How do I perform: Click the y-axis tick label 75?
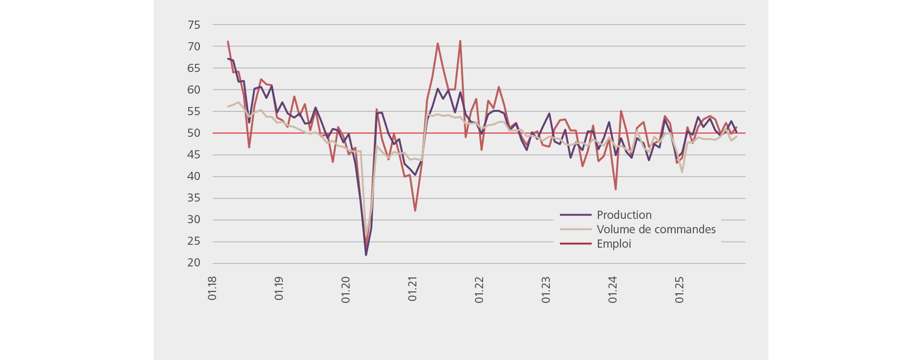point(194,25)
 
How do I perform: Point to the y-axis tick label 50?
point(194,133)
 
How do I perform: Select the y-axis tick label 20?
point(194,263)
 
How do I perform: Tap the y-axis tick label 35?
point(194,198)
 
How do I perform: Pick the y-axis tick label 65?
point(194,68)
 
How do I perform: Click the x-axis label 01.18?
point(212,288)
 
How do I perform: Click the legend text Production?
point(624,215)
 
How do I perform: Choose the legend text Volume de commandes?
point(656,229)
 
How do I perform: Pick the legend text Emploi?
point(614,244)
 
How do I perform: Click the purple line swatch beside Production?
point(575,215)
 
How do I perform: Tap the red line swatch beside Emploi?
point(575,244)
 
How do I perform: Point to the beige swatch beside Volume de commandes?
point(575,229)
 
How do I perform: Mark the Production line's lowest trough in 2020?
point(366,254)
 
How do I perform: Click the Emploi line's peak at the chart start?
point(228,42)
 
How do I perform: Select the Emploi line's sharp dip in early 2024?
point(616,189)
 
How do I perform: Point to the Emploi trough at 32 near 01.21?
point(415,211)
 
